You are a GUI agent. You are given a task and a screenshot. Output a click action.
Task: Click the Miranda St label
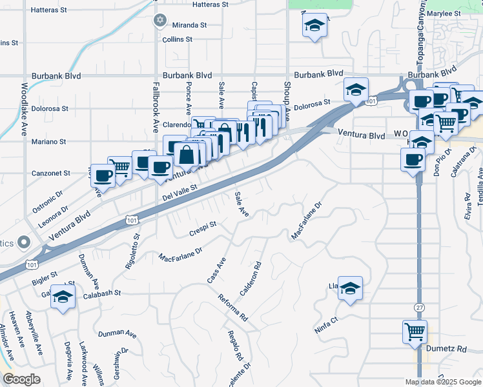point(189,25)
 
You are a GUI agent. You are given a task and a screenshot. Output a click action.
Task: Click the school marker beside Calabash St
point(63,295)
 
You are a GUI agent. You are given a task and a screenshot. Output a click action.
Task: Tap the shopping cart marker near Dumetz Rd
point(415,332)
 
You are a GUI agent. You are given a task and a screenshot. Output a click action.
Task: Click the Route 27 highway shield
point(420,308)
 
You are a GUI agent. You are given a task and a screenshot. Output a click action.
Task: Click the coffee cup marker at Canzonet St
point(103,174)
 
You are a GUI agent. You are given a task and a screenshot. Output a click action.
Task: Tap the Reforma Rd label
point(232,308)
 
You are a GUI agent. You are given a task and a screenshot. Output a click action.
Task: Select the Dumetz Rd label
point(446,348)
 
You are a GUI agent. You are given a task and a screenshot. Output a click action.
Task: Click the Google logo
point(21,379)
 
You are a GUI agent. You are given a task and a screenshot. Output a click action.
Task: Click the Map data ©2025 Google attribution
point(442,382)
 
